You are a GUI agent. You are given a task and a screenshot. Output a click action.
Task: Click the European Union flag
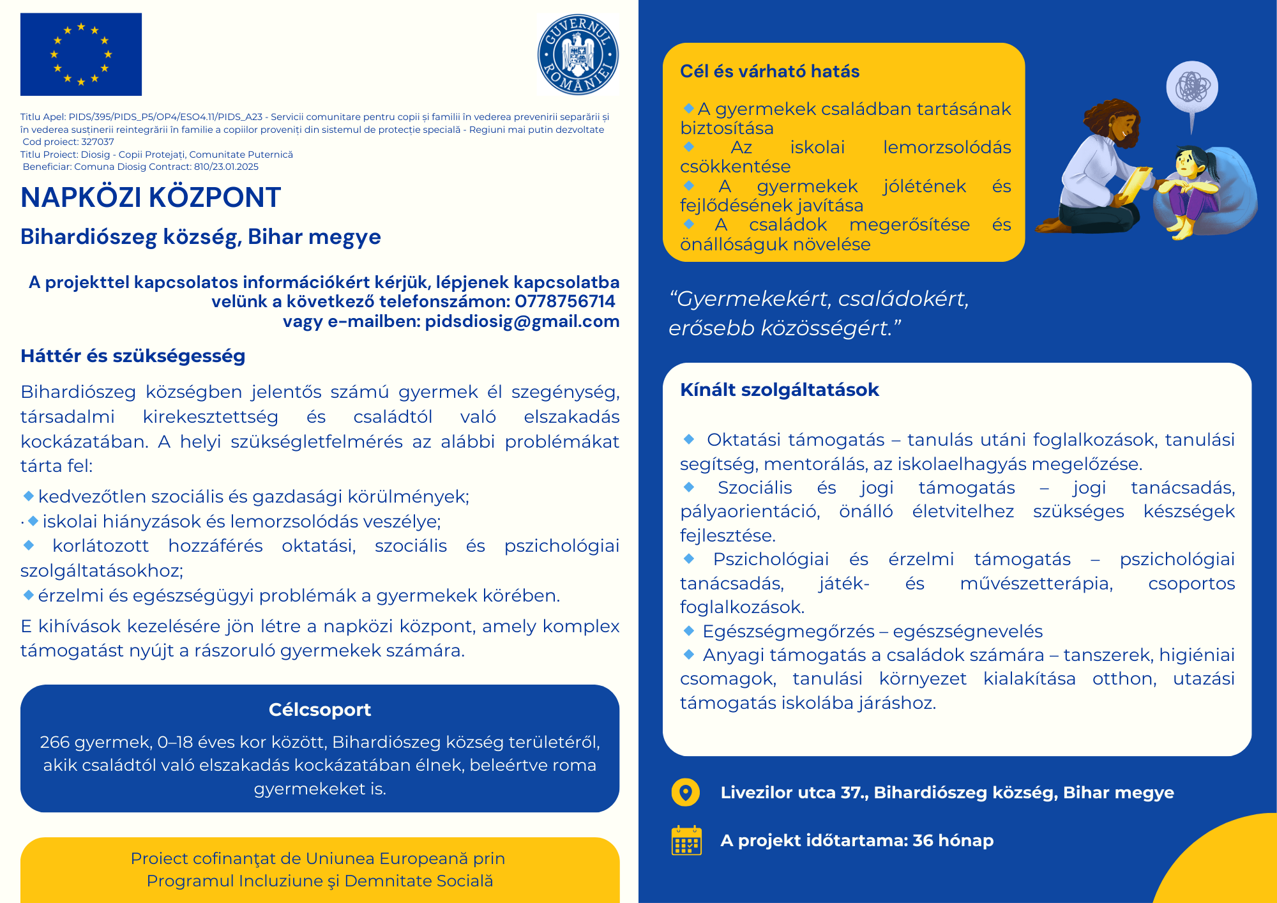coord(81,54)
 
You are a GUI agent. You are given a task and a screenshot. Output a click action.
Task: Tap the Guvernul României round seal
coord(578,55)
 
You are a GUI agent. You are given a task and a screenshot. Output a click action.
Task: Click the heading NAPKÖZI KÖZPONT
coord(151,198)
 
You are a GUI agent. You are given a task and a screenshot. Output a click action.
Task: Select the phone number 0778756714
coord(565,301)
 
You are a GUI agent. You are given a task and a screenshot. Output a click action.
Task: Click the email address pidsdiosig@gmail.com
coord(522,321)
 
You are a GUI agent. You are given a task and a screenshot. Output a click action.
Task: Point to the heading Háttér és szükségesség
coord(133,356)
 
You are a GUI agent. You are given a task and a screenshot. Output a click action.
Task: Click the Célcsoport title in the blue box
coord(319,709)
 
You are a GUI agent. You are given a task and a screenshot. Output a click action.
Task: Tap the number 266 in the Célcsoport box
coord(54,742)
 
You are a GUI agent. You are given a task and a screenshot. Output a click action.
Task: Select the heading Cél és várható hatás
coord(769,72)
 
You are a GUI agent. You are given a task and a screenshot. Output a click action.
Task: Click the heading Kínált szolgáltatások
coord(779,390)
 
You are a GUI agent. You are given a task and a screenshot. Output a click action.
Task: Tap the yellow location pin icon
coord(686,793)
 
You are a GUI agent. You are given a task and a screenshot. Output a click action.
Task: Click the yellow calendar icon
coord(686,840)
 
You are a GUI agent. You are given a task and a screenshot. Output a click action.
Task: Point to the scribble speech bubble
coord(1191,88)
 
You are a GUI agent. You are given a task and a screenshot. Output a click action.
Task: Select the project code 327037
coord(98,142)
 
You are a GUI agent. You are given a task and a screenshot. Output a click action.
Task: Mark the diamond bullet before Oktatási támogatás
coord(689,439)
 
